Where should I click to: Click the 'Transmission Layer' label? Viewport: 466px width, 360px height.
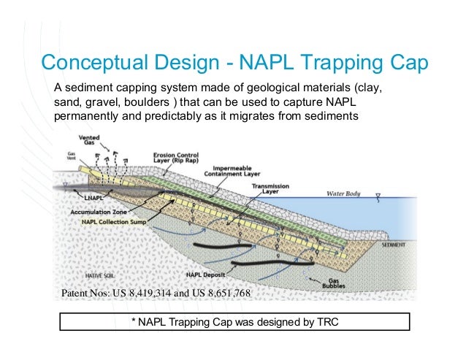tap(271, 189)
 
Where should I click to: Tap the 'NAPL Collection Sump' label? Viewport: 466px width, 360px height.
tap(110, 221)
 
